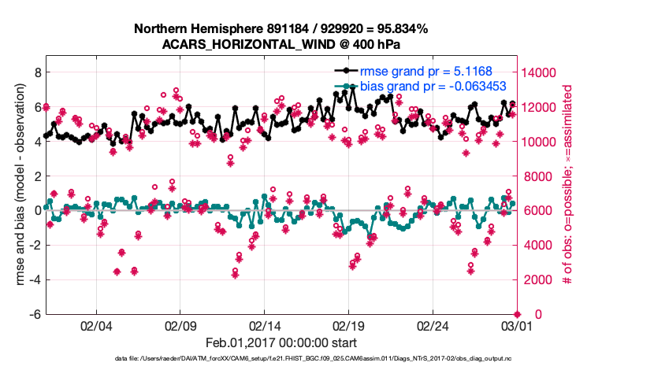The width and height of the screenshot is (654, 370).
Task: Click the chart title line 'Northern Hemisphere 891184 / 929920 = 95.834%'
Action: point(281,29)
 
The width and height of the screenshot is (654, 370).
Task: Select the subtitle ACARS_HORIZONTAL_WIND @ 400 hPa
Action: point(281,44)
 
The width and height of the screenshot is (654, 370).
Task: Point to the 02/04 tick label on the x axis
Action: point(95,325)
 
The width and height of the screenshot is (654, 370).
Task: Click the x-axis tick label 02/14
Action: point(264,325)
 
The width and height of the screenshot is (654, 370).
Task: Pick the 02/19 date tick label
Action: point(347,325)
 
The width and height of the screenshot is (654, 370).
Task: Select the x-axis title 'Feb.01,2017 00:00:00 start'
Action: point(281,342)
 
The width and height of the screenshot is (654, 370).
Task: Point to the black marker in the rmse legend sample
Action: point(346,70)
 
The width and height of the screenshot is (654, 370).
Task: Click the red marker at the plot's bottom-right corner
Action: point(517,314)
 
